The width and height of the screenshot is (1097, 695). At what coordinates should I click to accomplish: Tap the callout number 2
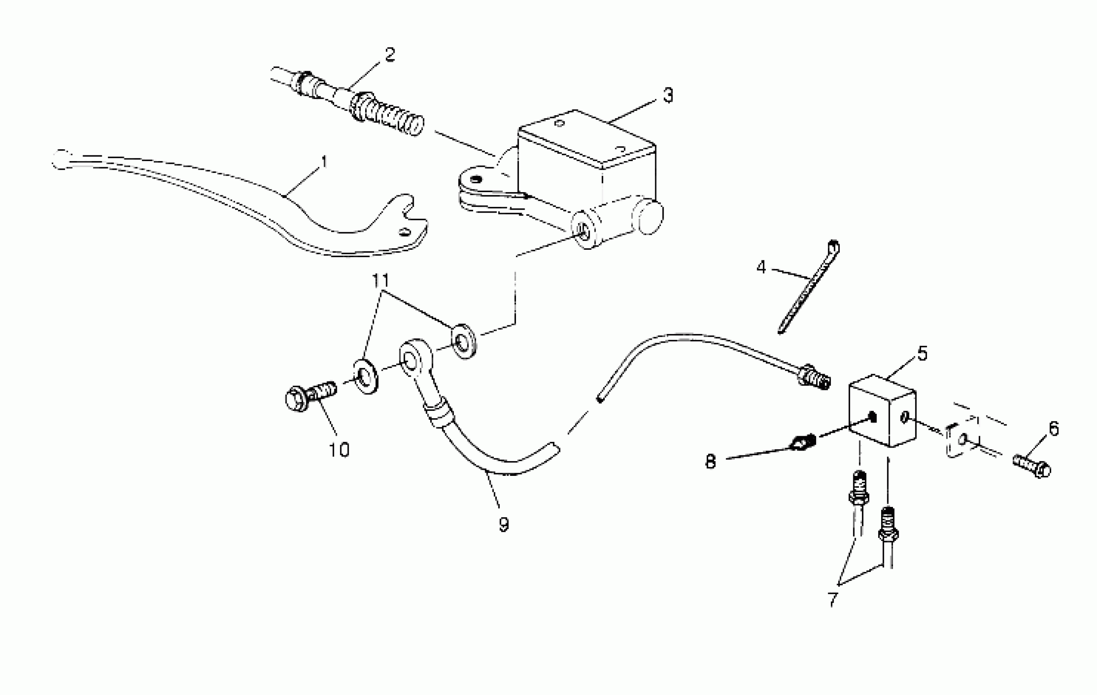coord(390,55)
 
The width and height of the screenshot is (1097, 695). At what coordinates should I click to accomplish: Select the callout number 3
coord(668,95)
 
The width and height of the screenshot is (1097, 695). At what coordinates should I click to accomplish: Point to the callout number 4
coord(761,267)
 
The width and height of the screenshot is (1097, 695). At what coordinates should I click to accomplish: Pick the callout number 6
coord(1054,428)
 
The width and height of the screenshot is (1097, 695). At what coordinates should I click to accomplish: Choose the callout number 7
coord(833,599)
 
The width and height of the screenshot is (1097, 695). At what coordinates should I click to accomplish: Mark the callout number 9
coord(503,525)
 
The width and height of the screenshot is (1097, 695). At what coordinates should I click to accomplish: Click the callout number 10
coord(339,450)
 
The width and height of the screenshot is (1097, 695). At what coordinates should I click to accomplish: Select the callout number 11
coord(381,281)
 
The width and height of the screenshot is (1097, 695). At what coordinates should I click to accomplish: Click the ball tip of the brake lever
coord(60,159)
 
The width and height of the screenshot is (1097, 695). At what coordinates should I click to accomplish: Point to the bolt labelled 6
coord(1032,466)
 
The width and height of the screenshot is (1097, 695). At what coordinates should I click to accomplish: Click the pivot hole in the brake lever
coord(402,232)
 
